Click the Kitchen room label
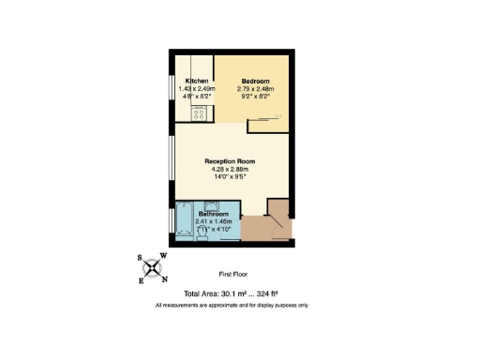click(197, 82)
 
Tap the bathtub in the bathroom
click(184, 222)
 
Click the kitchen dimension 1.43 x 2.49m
click(197, 89)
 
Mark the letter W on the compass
click(164, 256)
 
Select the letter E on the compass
click(142, 279)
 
